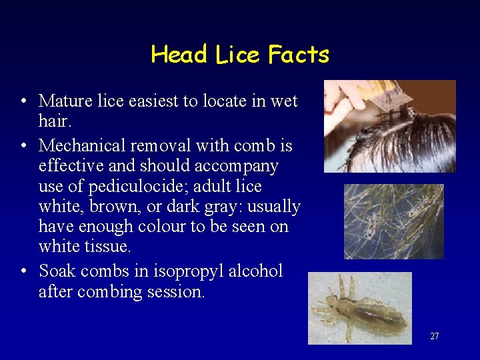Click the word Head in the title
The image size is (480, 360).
tap(179, 54)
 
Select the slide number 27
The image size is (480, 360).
tap(434, 336)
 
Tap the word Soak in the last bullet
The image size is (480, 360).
tap(55, 271)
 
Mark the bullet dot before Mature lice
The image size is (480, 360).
tap(23, 101)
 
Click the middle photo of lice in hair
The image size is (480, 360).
tap(393, 221)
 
